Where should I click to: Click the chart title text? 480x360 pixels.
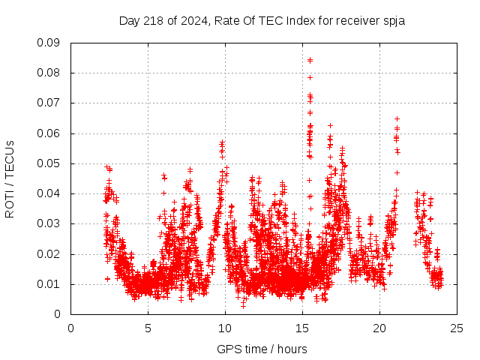[x=262, y=20]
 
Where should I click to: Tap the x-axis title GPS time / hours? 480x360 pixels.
[x=262, y=349]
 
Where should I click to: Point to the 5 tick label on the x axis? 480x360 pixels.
[x=148, y=328]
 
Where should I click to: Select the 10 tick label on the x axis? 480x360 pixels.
[x=225, y=328]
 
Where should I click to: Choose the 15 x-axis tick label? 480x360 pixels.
[x=302, y=328]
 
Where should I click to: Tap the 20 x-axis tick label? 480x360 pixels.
[x=379, y=328]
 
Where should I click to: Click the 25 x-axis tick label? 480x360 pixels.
[x=457, y=328]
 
